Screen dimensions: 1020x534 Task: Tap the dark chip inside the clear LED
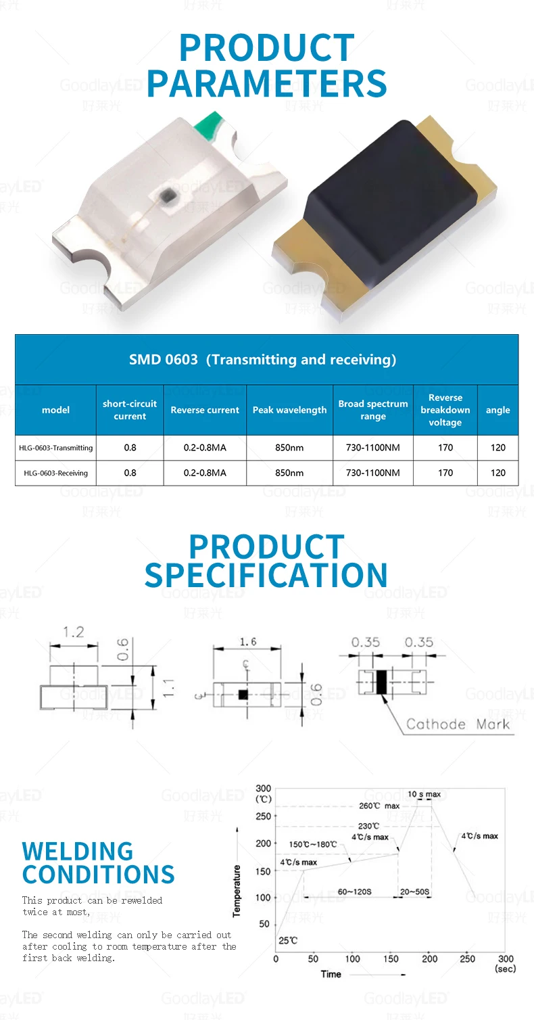[167, 197]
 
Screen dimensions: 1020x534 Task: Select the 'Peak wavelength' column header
[289, 410]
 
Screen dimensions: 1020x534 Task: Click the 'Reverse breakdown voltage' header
[445, 410]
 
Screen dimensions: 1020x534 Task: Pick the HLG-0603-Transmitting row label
[56, 448]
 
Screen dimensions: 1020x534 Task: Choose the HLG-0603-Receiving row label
[56, 473]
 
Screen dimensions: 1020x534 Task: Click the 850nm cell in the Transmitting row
[289, 448]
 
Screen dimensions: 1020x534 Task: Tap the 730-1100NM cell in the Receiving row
[372, 473]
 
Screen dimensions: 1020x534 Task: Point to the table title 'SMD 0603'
[164, 359]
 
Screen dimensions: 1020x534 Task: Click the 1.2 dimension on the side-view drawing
[73, 632]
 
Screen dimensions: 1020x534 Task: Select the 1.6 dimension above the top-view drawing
[247, 642]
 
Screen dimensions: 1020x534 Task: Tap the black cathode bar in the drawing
[381, 682]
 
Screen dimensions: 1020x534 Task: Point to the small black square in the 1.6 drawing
[242, 695]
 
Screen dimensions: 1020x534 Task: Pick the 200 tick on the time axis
[430, 958]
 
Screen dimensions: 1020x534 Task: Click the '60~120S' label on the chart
[354, 892]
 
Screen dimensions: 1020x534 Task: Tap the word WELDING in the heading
[78, 851]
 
